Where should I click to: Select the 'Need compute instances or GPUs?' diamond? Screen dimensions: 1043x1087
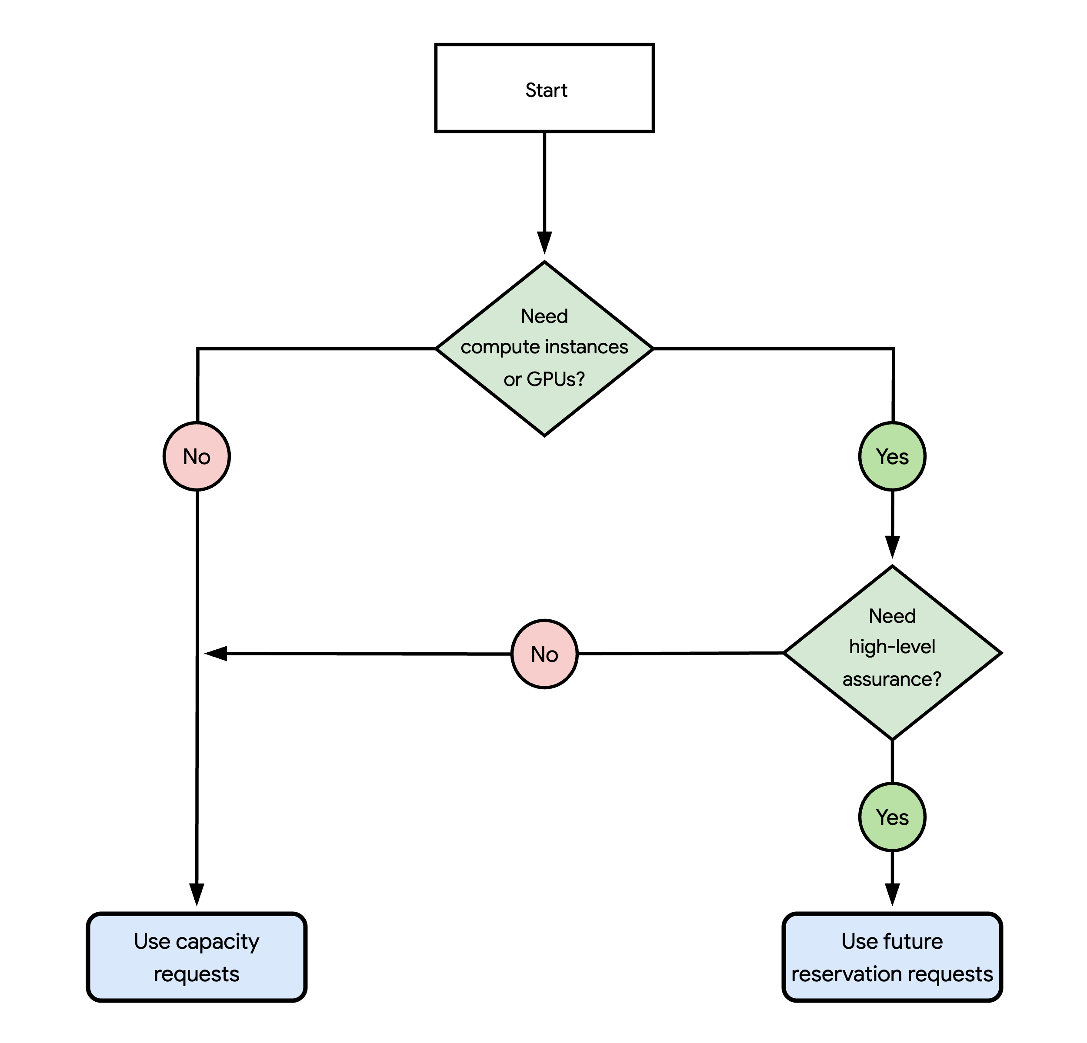point(544,349)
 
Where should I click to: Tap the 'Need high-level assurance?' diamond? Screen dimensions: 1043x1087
point(892,652)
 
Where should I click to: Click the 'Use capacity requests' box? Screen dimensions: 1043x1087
point(197,957)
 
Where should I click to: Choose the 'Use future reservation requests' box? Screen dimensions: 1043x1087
point(892,957)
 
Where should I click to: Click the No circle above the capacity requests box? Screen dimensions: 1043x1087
point(197,456)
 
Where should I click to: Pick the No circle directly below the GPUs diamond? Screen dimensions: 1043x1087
point(544,654)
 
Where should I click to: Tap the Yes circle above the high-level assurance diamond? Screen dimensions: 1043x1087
point(892,456)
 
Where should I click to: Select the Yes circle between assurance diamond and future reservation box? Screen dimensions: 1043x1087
point(892,817)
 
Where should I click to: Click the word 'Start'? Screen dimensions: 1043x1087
point(546,90)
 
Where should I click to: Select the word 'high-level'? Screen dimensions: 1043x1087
point(892,647)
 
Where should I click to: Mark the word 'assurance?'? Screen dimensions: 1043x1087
point(892,679)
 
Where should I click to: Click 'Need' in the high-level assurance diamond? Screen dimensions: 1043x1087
point(892,616)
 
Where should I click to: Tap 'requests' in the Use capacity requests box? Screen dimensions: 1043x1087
point(197,974)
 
